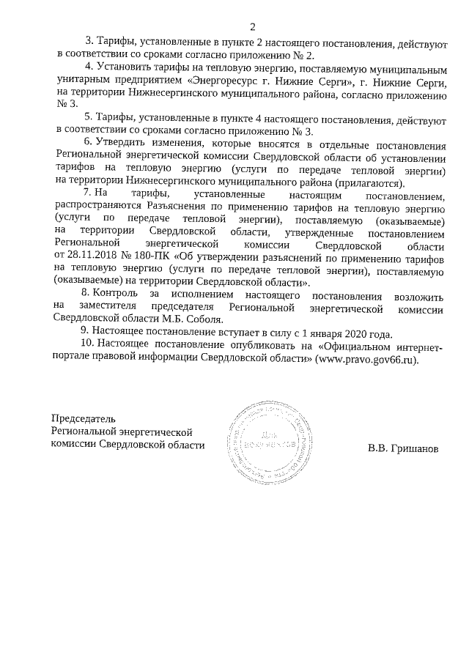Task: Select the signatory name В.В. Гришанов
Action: coord(404,448)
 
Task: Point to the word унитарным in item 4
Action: coord(82,83)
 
